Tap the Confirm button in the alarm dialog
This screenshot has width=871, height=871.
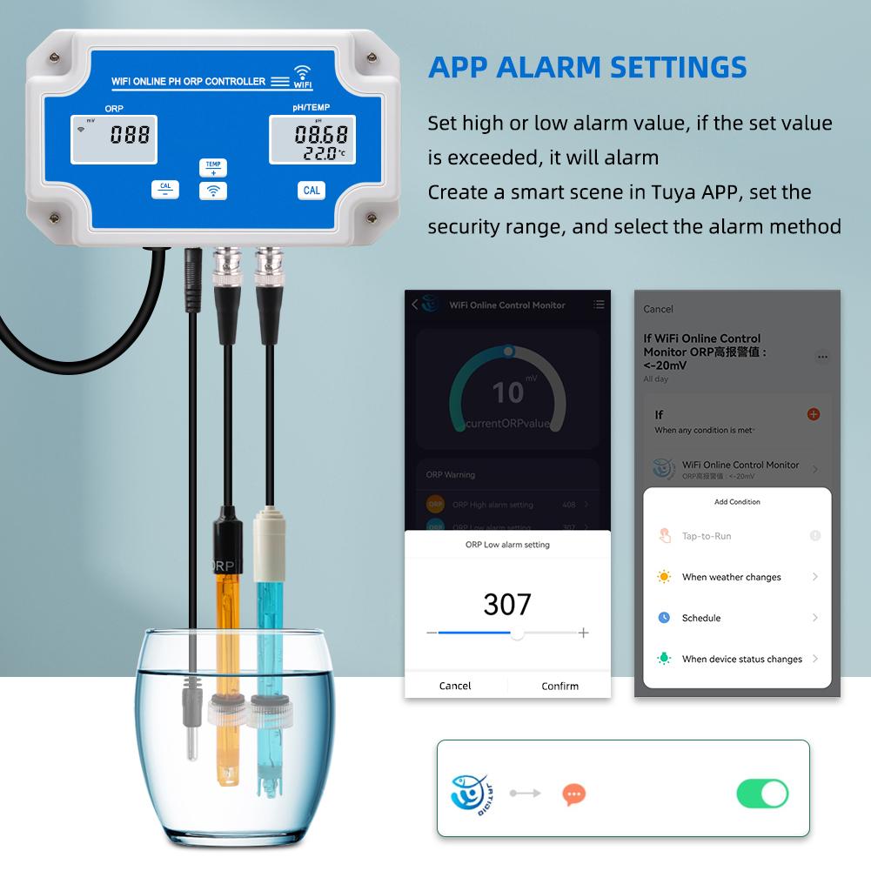(x=559, y=686)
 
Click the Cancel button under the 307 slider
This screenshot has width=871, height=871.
(x=455, y=686)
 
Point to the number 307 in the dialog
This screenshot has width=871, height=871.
(x=507, y=604)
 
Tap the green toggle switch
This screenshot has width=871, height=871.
(x=762, y=794)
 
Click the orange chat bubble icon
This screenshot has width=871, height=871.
(x=573, y=794)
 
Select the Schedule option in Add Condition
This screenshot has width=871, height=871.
(x=701, y=618)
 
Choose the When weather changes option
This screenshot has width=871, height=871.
(x=731, y=577)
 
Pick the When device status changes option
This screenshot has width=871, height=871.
(x=741, y=659)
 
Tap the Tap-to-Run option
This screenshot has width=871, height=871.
(x=706, y=536)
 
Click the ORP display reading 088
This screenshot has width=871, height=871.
(x=130, y=135)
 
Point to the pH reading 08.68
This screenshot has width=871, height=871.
(x=321, y=134)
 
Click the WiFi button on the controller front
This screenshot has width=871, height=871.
(x=212, y=191)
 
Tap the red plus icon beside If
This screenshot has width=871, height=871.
(x=814, y=414)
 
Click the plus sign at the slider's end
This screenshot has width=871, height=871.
(x=584, y=633)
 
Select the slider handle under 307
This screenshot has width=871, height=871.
(x=517, y=633)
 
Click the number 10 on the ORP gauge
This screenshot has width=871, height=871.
(x=507, y=393)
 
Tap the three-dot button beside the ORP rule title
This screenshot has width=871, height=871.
(x=822, y=357)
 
